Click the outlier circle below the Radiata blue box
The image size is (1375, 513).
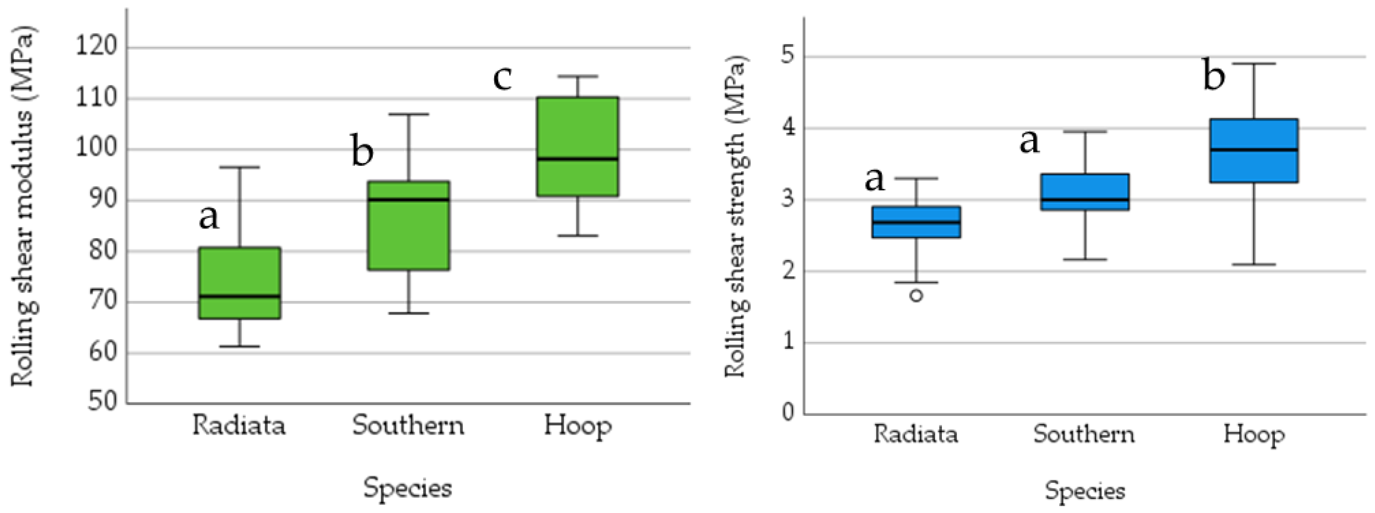coord(916,295)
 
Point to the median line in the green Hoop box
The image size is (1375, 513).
coord(578,159)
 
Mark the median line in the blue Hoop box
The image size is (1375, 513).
coord(1254,150)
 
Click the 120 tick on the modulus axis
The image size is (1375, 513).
coord(96,47)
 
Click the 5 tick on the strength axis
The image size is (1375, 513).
coord(787,56)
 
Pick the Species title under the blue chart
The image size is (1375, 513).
coord(1085,490)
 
